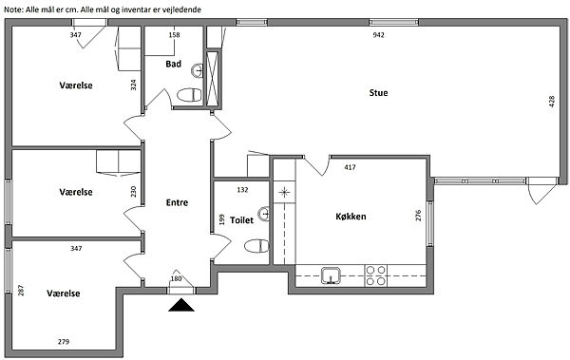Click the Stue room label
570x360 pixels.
coord(378,93)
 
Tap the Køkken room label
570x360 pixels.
coord(351,217)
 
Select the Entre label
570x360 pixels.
coord(177,202)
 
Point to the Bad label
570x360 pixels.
coord(174,64)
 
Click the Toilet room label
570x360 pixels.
coord(241,220)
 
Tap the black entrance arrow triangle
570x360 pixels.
coord(181,305)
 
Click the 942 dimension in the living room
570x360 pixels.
coord(378,35)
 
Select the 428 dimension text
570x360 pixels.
coord(551,101)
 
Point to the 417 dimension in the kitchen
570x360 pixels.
coord(350,167)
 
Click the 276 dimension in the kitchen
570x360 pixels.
coord(418,216)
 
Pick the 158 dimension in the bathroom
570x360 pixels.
coord(174,35)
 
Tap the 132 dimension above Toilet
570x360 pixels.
coord(242,189)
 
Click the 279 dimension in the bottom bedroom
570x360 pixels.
coord(64,341)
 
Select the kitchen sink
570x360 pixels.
coord(331,275)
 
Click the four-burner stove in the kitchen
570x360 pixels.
coord(375,275)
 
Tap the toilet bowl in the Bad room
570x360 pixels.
coord(189,95)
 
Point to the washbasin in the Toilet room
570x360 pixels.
coord(264,214)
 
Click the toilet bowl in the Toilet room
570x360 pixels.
coord(256,246)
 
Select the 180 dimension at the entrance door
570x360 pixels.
coord(176,279)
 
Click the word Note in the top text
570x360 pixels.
coord(12,9)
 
